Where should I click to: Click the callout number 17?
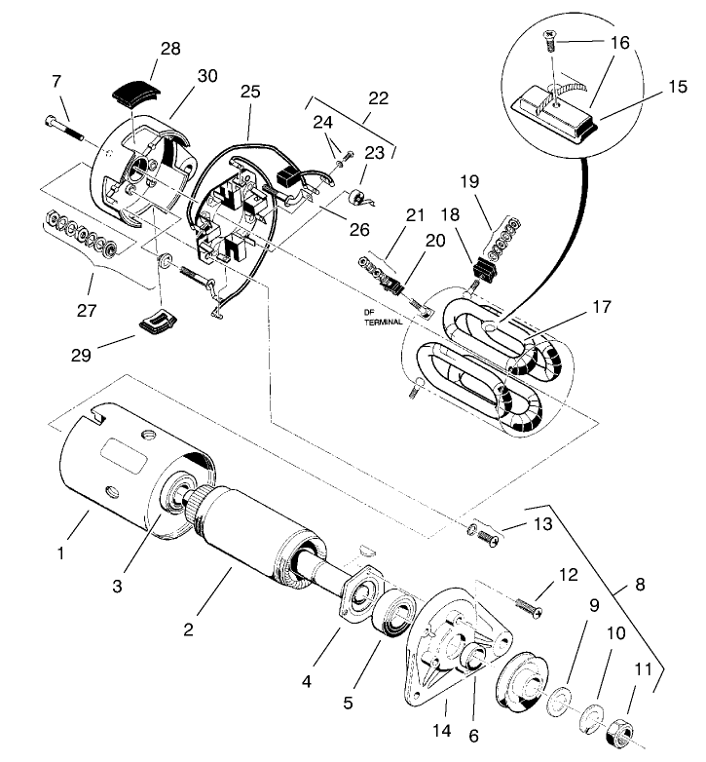pyautogui.click(x=600, y=306)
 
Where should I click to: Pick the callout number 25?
pyautogui.click(x=250, y=92)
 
